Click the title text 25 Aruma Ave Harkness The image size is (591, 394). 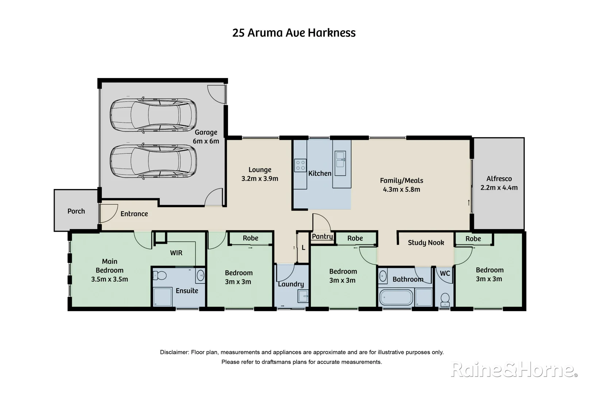tap(294, 33)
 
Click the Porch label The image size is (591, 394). tap(76, 211)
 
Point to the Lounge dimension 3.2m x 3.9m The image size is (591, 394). tap(260, 179)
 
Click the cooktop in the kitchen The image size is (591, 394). tap(300, 165)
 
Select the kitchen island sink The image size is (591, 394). tap(340, 159)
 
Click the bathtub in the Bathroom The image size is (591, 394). tap(396, 297)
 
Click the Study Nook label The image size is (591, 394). tap(426, 243)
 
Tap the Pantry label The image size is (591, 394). tap(322, 236)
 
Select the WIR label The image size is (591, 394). tap(176, 253)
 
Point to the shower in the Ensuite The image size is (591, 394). tap(162, 297)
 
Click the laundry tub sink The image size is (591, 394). tap(304, 296)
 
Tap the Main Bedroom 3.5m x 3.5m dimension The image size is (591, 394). tap(109, 279)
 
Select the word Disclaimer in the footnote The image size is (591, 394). tap(174, 352)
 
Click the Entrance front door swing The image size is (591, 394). tap(108, 213)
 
